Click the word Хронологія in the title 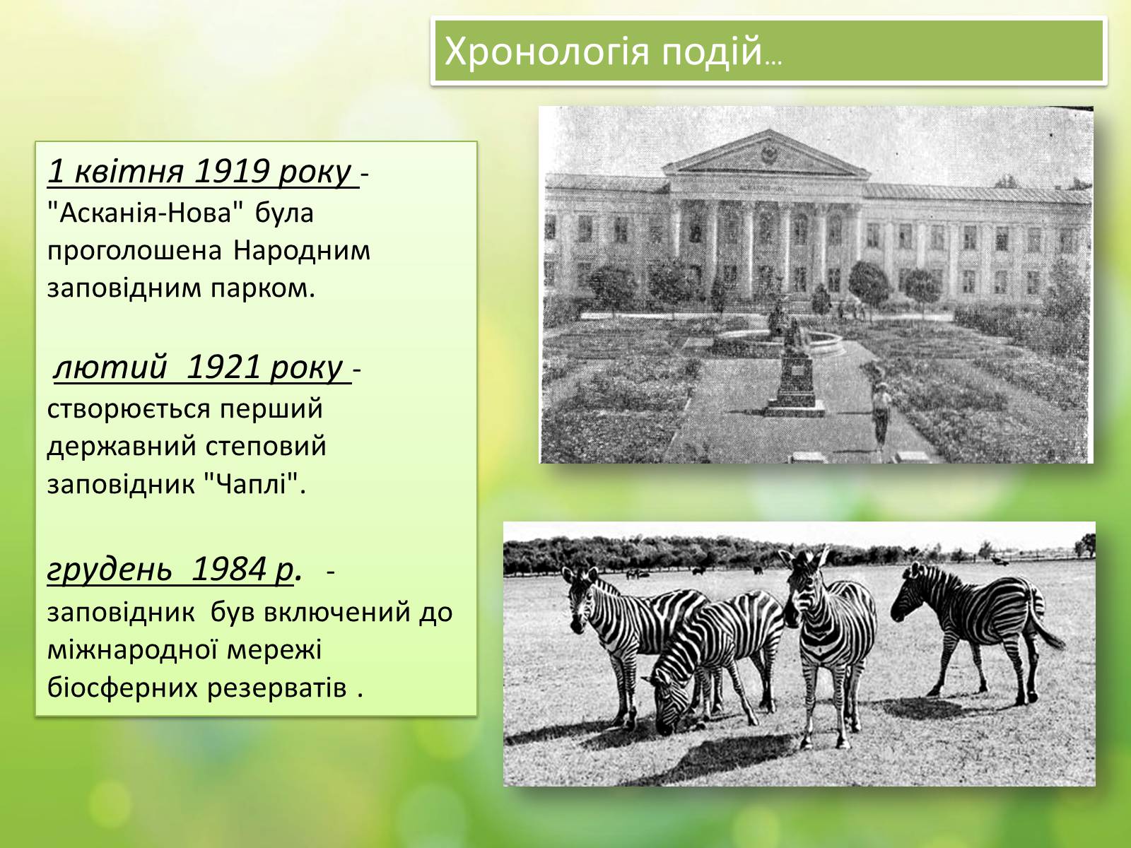click(x=546, y=52)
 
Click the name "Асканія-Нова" click(x=145, y=212)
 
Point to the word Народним click(x=302, y=251)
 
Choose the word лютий click(x=111, y=367)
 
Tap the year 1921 click(x=223, y=367)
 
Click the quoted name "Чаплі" click(x=251, y=484)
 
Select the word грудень click(x=110, y=570)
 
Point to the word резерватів click(x=277, y=688)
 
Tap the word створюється click(x=129, y=409)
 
